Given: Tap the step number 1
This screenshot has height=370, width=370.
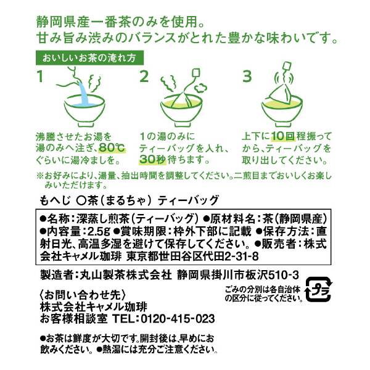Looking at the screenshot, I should tap(41, 77).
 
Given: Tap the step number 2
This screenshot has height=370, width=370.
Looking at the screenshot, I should tap(145, 77).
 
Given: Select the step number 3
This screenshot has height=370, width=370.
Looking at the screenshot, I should tap(248, 77).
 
